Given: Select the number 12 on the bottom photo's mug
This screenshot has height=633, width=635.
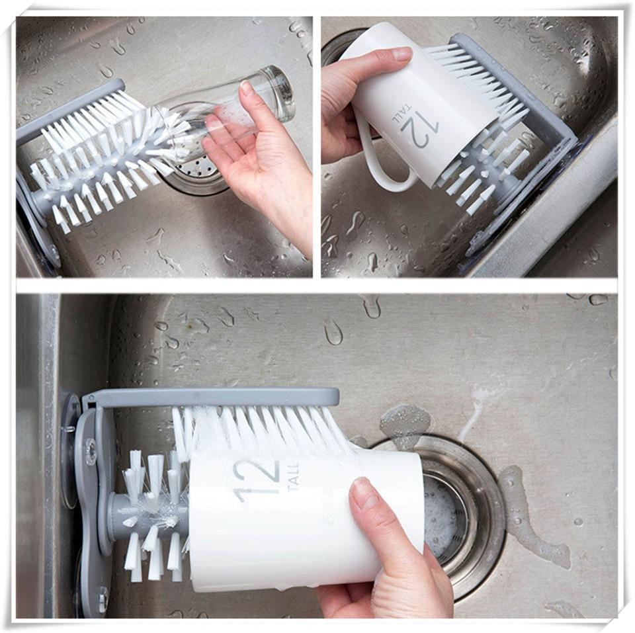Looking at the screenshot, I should click(255, 481).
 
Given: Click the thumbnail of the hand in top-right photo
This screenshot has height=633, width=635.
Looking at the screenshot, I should click(402, 55).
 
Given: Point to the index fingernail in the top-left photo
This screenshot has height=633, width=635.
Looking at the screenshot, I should click(247, 89).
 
